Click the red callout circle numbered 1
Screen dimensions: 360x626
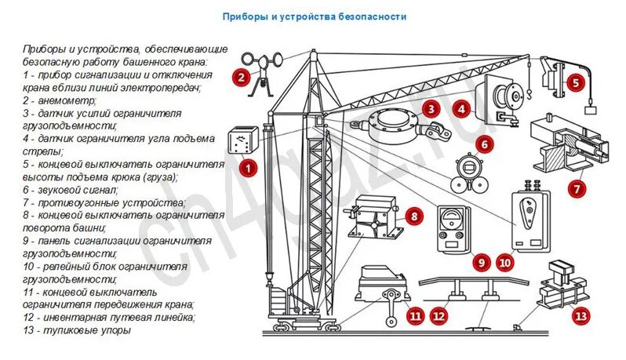tap(248, 167)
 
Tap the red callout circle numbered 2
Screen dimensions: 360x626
tap(242, 77)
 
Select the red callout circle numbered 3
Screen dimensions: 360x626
tap(431, 110)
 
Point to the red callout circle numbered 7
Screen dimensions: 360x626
tap(577, 188)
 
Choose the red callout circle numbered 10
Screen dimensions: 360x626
tap(504, 264)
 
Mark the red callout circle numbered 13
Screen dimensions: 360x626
tap(580, 317)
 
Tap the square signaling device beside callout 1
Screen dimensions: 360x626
tap(241, 142)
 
